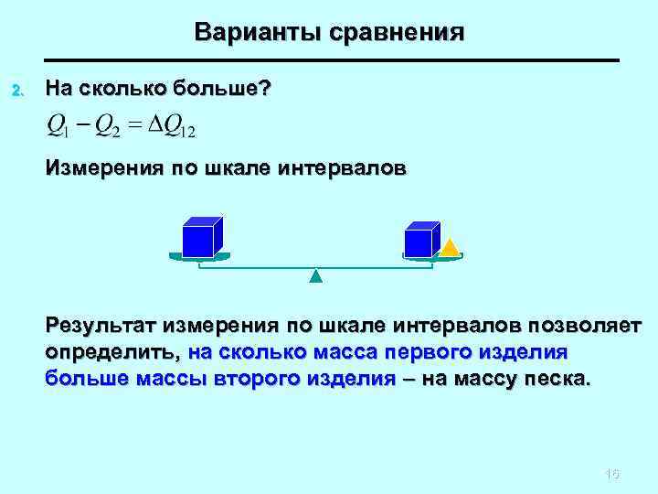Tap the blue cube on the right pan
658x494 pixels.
click(x=420, y=240)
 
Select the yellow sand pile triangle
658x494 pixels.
click(x=449, y=247)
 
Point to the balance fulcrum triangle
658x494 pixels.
click(x=315, y=275)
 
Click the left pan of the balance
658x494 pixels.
click(x=201, y=257)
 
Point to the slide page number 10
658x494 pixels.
click(x=612, y=474)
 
